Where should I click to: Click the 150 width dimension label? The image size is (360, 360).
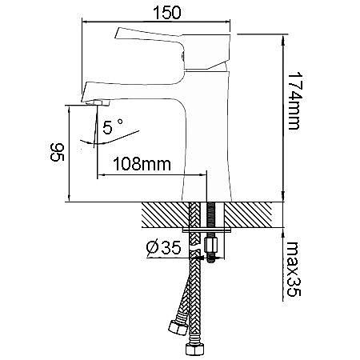pyautogui.click(x=167, y=13)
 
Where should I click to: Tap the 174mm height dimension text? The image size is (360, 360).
pyautogui.click(x=295, y=101)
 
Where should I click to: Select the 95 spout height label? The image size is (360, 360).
pyautogui.click(x=58, y=152)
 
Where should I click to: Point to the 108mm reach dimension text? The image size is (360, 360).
pyautogui.click(x=142, y=164)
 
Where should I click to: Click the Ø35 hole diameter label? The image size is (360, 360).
pyautogui.click(x=164, y=247)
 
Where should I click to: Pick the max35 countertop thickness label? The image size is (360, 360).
pyautogui.click(x=294, y=269)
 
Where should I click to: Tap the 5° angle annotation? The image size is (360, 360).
pyautogui.click(x=113, y=126)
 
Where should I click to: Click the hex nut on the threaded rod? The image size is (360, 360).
pyautogui.click(x=210, y=246)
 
